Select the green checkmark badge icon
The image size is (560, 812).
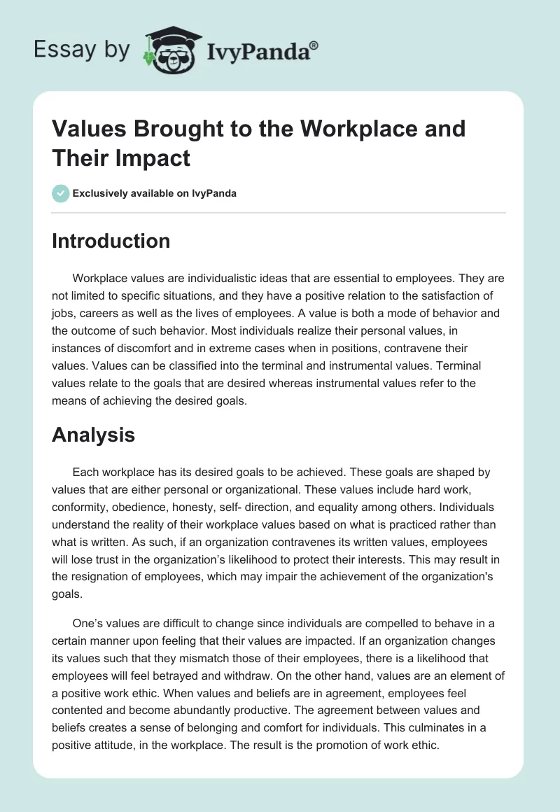coord(61,193)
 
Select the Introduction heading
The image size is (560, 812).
coord(111,241)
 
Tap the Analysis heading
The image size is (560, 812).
coord(93,435)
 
